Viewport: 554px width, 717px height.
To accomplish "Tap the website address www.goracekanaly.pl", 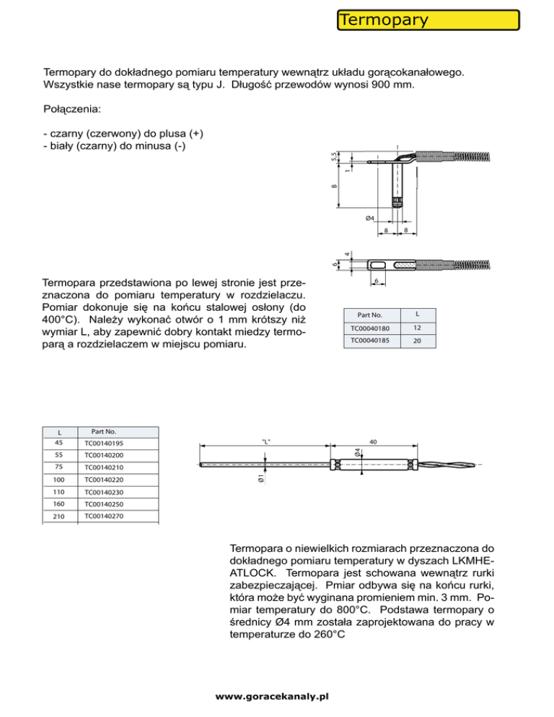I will coord(273,698).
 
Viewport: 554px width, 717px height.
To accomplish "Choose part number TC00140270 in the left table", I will coord(104,516).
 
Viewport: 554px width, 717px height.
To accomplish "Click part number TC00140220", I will coord(104,479).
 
